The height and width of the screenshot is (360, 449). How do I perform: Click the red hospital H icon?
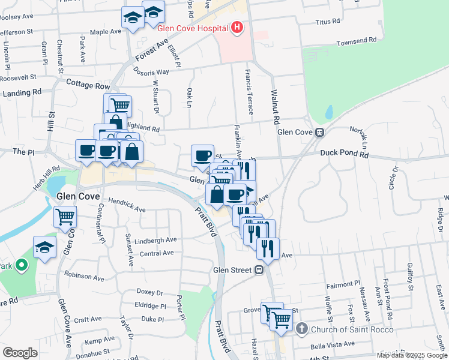[x=237, y=28]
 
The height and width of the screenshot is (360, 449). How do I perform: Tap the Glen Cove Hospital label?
[x=193, y=28]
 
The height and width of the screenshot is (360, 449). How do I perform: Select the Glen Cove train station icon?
[x=321, y=132]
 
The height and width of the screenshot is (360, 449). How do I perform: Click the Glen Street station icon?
[x=259, y=270]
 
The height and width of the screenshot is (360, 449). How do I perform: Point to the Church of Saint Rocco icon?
[x=301, y=329]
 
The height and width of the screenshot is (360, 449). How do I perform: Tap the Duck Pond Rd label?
[x=343, y=154]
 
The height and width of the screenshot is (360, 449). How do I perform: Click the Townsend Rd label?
[x=356, y=43]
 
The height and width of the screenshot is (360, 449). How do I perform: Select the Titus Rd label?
[x=327, y=22]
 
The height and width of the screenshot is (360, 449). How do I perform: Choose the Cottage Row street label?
[x=88, y=85]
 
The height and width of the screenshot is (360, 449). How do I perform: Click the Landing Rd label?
[x=22, y=93]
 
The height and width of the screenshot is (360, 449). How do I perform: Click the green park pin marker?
[x=22, y=265]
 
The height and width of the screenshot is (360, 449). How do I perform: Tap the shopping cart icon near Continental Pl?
[x=65, y=216]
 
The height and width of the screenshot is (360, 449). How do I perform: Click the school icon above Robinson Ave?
[x=44, y=247]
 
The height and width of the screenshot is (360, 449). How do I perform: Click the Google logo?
[x=20, y=353]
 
